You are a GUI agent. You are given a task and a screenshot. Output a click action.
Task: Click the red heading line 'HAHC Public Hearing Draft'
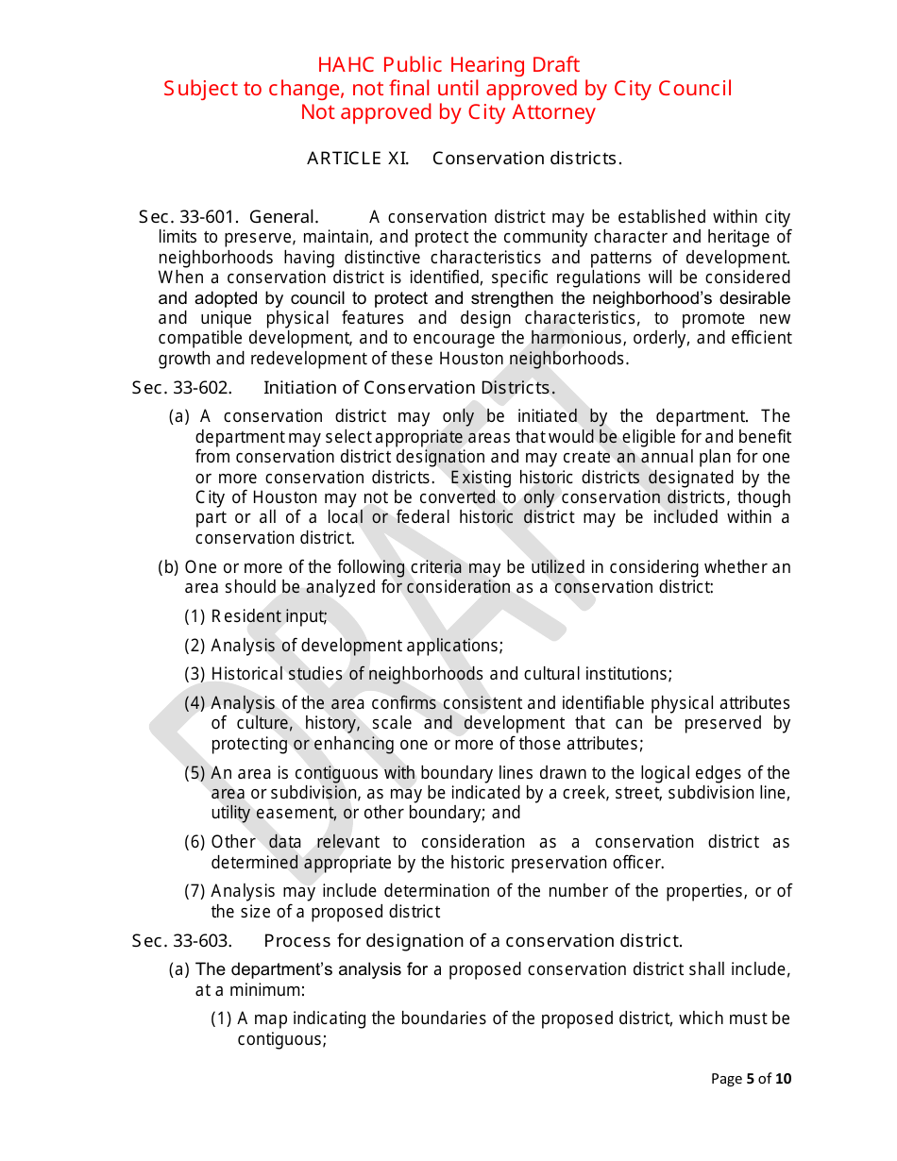[448, 65]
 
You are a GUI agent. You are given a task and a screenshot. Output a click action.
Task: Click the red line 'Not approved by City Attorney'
[448, 112]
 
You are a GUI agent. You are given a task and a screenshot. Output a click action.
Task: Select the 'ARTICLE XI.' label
[358, 159]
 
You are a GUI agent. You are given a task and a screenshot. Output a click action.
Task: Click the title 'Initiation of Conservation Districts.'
[409, 388]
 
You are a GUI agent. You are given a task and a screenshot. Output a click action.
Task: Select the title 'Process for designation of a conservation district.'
[472, 941]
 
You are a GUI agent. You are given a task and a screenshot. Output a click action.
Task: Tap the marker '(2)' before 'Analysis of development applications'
[195, 646]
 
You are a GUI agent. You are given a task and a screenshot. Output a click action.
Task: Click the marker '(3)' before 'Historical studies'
[195, 674]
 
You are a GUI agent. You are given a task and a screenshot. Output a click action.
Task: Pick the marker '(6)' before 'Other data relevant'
[195, 842]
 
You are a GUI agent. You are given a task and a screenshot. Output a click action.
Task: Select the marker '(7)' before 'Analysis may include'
[195, 891]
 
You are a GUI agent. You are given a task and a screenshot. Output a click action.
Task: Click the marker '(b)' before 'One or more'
[168, 567]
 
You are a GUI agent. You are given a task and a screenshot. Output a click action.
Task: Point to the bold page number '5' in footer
[751, 1079]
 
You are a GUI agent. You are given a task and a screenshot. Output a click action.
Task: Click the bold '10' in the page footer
[784, 1079]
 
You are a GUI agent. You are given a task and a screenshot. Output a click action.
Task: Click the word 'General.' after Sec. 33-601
[283, 218]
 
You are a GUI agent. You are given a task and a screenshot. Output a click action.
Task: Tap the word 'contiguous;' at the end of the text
[281, 1039]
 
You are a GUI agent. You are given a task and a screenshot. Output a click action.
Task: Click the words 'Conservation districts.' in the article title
[527, 159]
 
